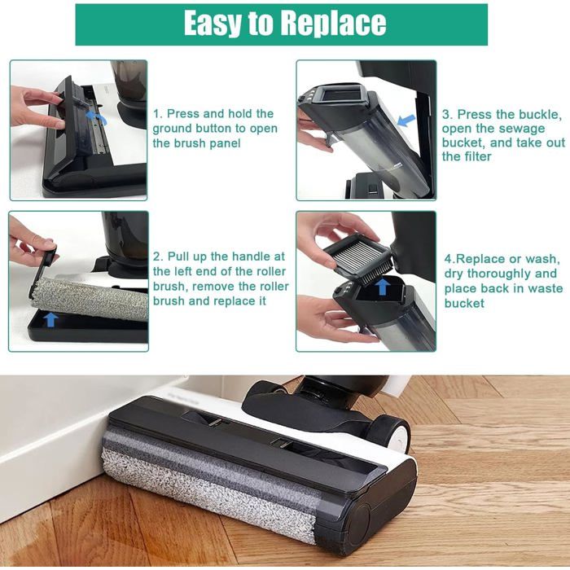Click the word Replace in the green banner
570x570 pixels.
(x=332, y=24)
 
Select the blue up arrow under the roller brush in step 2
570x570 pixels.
(x=50, y=320)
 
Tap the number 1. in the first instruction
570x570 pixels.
(x=159, y=114)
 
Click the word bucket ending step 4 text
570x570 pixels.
(x=463, y=303)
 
